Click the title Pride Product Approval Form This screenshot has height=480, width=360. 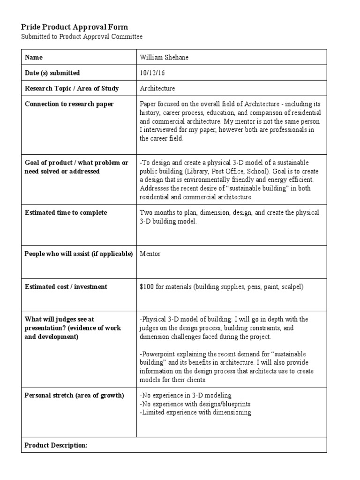(75, 27)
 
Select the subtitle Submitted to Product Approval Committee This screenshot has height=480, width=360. (82, 37)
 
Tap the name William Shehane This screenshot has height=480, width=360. (163, 57)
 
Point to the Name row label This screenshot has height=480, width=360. (34, 57)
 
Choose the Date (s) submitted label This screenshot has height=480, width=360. (52, 73)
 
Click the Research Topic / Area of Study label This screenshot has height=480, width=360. (72, 88)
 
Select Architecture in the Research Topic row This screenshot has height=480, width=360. (157, 88)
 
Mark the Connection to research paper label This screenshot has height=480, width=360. (69, 104)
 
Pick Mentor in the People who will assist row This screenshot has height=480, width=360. (150, 254)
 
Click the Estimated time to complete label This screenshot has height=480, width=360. (66, 212)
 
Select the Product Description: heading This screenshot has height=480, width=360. (56, 445)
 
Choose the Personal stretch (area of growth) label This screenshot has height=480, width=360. (74, 395)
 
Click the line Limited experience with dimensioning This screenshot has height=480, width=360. (195, 412)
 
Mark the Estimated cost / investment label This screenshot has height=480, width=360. (66, 286)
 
